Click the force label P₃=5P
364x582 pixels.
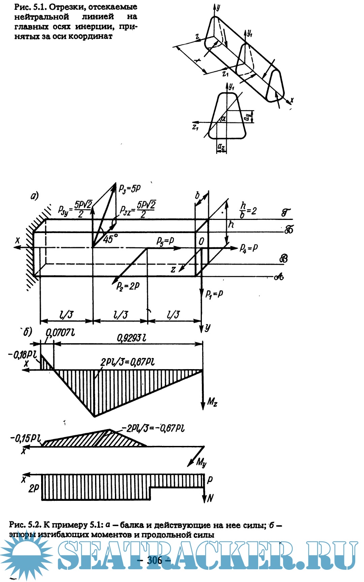coord(129,189)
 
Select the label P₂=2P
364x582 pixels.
coord(128,286)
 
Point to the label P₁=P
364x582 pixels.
coord(214,294)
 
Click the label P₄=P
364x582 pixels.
coord(249,248)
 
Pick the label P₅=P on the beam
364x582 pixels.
coord(165,241)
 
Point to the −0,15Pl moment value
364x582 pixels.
coord(26,439)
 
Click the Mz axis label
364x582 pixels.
coord(212,401)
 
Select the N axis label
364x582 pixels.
coord(210,498)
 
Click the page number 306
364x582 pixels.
coord(155,560)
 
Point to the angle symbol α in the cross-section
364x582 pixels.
coord(223,118)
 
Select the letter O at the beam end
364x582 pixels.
coord(202,241)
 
